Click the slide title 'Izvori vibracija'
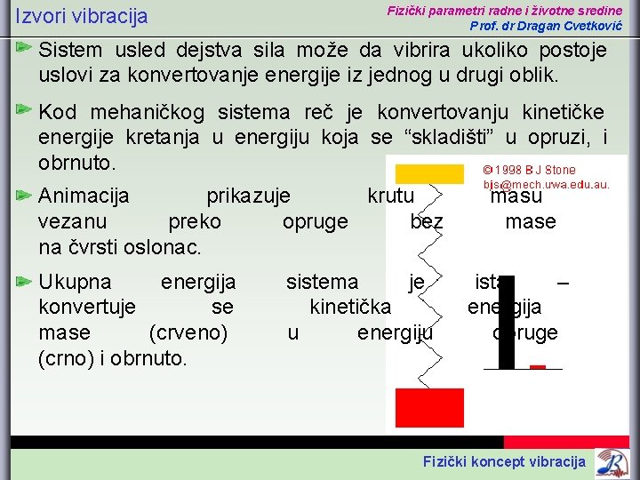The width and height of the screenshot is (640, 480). click(x=82, y=17)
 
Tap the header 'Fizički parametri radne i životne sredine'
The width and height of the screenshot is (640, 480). click(x=504, y=10)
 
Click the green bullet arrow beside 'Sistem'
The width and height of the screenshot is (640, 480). click(x=25, y=44)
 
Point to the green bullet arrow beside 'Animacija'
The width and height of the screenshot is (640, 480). click(x=25, y=194)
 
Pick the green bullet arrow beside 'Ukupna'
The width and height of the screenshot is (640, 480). click(x=25, y=281)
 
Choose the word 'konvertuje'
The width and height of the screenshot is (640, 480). click(x=87, y=307)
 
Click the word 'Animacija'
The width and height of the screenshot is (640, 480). click(x=84, y=195)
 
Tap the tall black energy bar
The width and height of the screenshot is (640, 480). click(x=507, y=322)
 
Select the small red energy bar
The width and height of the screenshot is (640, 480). click(x=538, y=366)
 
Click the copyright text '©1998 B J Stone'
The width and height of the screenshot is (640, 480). click(x=529, y=170)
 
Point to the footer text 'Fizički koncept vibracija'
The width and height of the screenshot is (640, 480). click(x=504, y=460)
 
